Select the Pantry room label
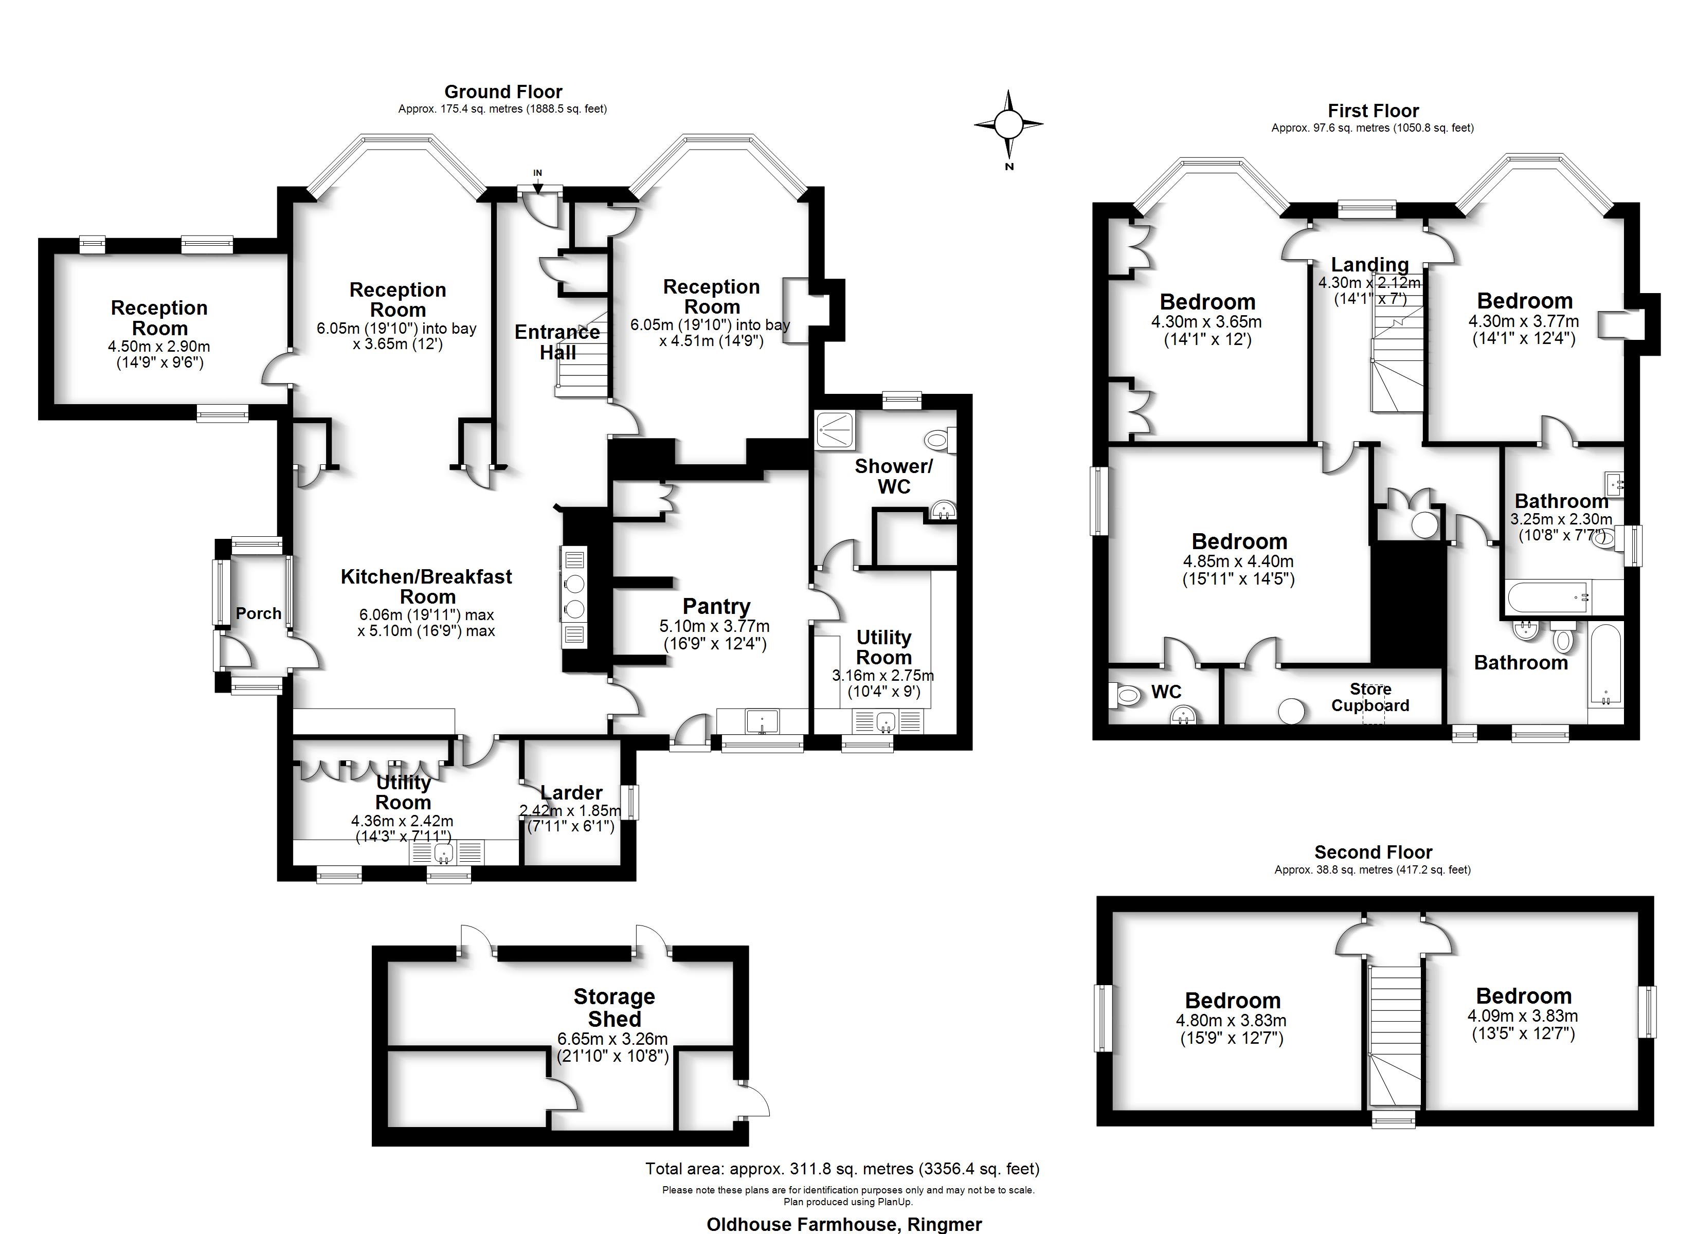pyautogui.click(x=716, y=606)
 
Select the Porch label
pyautogui.click(x=258, y=613)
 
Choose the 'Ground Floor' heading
pyautogui.click(x=503, y=92)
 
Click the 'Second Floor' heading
pyautogui.click(x=1373, y=852)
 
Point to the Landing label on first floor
pyautogui.click(x=1369, y=265)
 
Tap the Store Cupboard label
pyautogui.click(x=1370, y=697)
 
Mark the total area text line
pyautogui.click(x=842, y=1169)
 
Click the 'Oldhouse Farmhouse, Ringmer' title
pyautogui.click(x=844, y=1224)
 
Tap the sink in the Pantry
pyautogui.click(x=762, y=722)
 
